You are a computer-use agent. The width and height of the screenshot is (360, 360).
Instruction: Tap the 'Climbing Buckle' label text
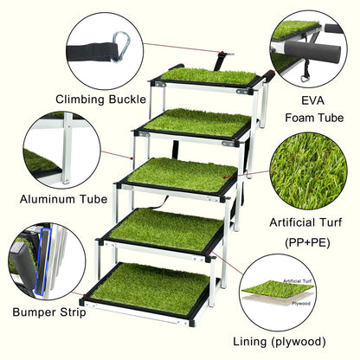point(100,100)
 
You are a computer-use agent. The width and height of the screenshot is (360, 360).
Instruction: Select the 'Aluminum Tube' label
point(63,199)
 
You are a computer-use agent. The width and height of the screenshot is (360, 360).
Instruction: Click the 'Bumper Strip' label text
point(49,312)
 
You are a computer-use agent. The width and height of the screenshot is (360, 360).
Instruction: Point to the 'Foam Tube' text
point(314,118)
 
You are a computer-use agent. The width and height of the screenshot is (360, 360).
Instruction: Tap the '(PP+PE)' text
point(307,242)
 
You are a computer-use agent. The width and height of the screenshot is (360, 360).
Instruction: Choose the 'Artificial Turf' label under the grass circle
point(305,222)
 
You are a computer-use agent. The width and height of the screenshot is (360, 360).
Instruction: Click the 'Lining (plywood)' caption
point(280,342)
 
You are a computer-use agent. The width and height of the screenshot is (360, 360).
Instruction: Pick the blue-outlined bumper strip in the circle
point(42,261)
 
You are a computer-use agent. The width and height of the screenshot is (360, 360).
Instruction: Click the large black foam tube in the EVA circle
point(312,51)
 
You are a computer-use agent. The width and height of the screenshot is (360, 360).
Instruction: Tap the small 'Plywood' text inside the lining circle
point(300,304)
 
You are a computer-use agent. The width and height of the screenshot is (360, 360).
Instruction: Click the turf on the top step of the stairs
point(209,75)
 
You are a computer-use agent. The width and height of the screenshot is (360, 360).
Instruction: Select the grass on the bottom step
point(150,287)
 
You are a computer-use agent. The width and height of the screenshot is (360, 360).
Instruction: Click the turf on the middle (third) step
point(181,174)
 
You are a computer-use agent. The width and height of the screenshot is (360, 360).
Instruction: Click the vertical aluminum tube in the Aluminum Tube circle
point(67,148)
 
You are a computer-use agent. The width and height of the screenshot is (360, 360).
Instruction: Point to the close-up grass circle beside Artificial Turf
point(308,170)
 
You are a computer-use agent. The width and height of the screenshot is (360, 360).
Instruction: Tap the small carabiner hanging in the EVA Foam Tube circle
point(305,78)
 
